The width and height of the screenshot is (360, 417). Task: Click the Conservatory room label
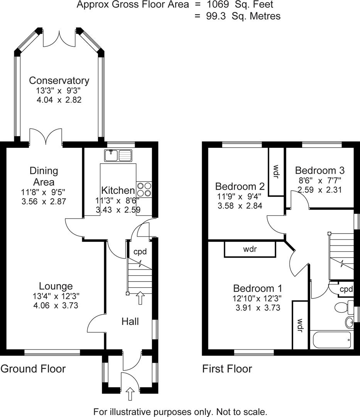[x=59, y=80]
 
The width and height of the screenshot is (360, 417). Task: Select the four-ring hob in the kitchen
[x=144, y=189]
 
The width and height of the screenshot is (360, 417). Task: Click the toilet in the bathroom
[x=341, y=307]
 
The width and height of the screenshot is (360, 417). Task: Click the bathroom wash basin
[x=349, y=322]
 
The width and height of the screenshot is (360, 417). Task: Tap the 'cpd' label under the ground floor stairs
[x=140, y=252]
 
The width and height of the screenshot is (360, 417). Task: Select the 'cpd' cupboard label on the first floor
[x=346, y=289]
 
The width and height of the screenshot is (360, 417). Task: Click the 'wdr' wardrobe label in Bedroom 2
[x=276, y=171]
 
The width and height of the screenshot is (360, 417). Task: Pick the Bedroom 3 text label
[x=319, y=170]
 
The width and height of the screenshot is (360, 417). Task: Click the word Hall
[x=130, y=321]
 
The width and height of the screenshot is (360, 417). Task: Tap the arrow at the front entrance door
[x=130, y=394]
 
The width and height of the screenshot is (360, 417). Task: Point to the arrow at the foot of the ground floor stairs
[x=140, y=298]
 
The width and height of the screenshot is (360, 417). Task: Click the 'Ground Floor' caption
[x=33, y=369]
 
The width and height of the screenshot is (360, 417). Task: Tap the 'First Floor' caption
[x=227, y=369]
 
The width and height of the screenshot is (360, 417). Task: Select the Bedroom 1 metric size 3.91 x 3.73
[x=257, y=308]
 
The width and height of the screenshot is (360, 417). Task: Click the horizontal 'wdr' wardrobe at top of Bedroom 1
[x=250, y=249]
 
